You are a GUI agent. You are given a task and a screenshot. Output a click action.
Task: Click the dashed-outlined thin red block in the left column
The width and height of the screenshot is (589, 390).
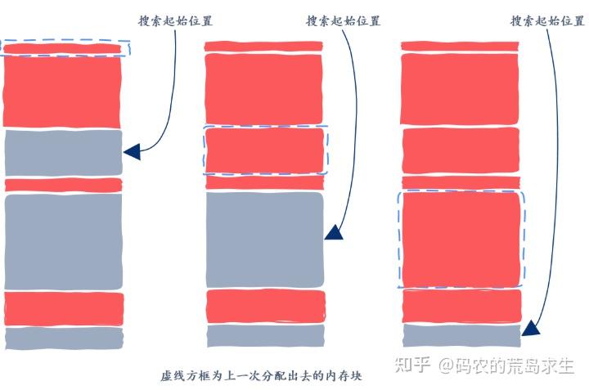coord(63,49)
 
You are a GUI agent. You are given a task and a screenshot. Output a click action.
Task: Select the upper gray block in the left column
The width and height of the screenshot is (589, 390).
coord(63,153)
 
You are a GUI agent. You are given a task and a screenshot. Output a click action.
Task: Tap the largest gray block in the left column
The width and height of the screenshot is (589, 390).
coord(63,240)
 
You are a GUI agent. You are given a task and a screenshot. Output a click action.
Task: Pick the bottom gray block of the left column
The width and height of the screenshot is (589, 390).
coord(63,338)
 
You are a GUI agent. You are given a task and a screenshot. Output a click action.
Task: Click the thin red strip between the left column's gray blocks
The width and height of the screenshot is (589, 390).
coord(63,185)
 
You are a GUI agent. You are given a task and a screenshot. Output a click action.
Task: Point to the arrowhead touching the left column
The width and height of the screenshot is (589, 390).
coord(132,151)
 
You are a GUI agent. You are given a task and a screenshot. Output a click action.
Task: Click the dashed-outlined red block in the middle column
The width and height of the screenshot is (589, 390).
coord(264,150)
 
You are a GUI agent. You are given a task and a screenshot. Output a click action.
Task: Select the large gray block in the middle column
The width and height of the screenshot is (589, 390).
coord(264,238)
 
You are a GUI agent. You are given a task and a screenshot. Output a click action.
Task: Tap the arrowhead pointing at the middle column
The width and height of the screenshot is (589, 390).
coord(333,233)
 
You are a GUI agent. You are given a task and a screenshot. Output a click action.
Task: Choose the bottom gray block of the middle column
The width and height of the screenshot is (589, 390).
coord(264,335)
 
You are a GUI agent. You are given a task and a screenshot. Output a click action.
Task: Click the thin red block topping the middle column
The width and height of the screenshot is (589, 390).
coord(264,47)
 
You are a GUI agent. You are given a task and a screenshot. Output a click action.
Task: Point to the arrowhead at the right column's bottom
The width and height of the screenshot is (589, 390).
coord(530,329)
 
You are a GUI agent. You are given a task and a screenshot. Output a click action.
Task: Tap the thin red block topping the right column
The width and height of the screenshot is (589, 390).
coord(460,47)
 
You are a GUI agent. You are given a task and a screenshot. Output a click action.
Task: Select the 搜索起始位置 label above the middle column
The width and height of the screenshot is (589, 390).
coord(343,20)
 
